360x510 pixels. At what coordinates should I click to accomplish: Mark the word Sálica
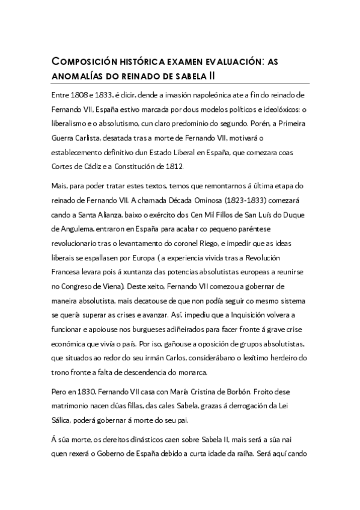(x=62, y=417)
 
